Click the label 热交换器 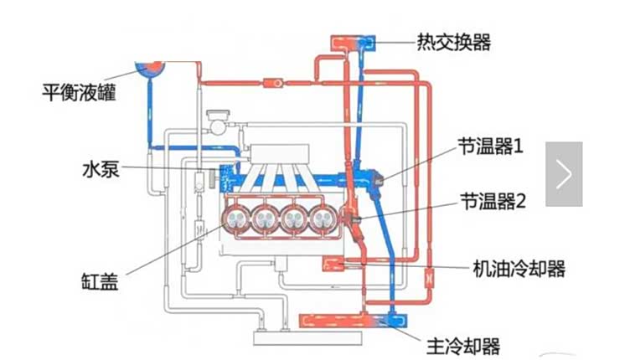(x=453, y=42)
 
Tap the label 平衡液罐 (x=79, y=92)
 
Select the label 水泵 (x=101, y=169)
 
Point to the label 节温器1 (x=491, y=146)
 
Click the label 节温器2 (x=493, y=201)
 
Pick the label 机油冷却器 (x=519, y=269)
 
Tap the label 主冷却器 (x=463, y=346)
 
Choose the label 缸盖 (x=100, y=281)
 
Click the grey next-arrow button (x=564, y=174)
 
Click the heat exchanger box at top (x=353, y=43)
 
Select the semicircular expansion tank (x=149, y=68)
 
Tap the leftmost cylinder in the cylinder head (x=236, y=219)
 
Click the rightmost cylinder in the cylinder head (x=323, y=219)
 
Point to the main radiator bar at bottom (x=354, y=321)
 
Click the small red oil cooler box (x=333, y=264)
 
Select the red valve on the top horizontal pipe (x=273, y=83)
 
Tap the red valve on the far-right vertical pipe (x=429, y=278)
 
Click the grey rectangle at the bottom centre (x=307, y=338)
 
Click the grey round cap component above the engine (x=218, y=122)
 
